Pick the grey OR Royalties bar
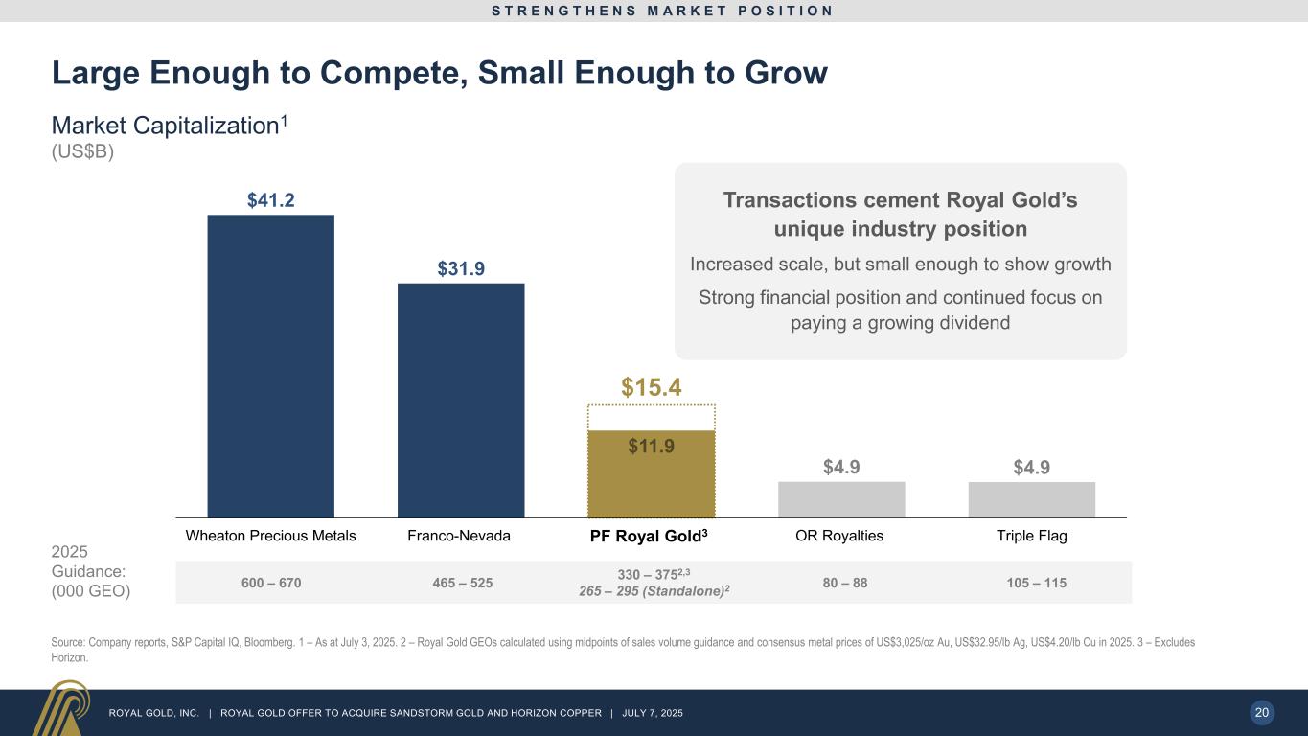tap(841, 499)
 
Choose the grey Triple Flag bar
tap(1031, 499)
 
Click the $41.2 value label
tap(270, 200)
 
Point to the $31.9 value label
tap(461, 269)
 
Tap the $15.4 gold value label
tap(652, 387)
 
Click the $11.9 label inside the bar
tap(652, 446)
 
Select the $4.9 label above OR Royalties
tap(841, 468)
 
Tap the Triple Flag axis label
tap(1031, 536)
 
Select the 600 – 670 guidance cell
tap(270, 583)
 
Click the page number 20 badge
tap(1262, 712)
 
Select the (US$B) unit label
tap(82, 153)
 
